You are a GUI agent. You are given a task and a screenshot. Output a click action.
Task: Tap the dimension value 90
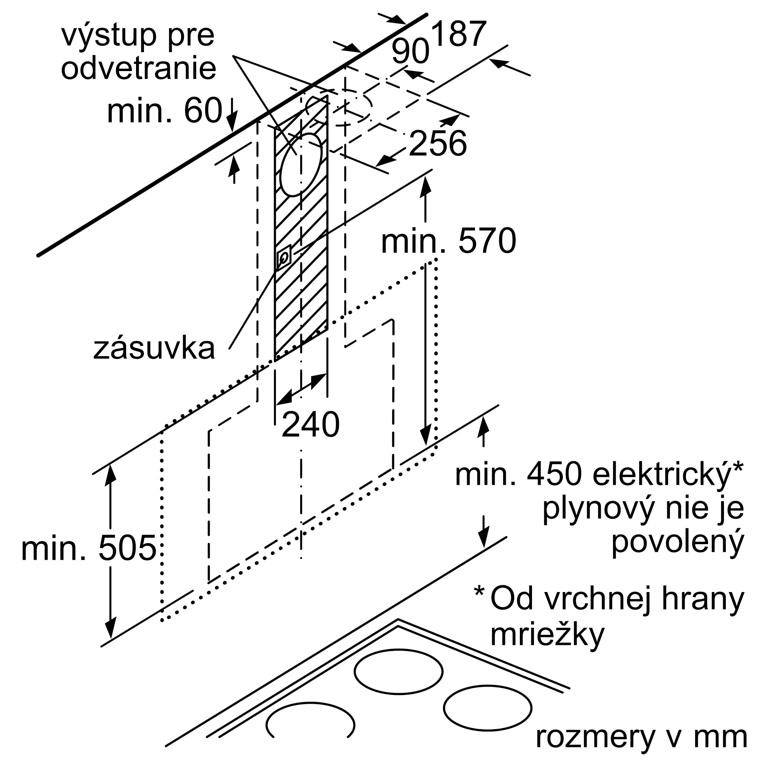point(410,52)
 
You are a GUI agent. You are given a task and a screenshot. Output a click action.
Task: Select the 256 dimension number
point(438,143)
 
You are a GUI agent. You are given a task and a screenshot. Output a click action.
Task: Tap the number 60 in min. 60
point(203,111)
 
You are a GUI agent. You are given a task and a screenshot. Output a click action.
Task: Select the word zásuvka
point(154,348)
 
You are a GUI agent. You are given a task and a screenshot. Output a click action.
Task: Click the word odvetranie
point(138,68)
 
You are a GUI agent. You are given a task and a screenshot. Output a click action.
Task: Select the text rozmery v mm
point(641,738)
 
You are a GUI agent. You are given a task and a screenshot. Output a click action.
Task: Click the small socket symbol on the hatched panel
point(284,257)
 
